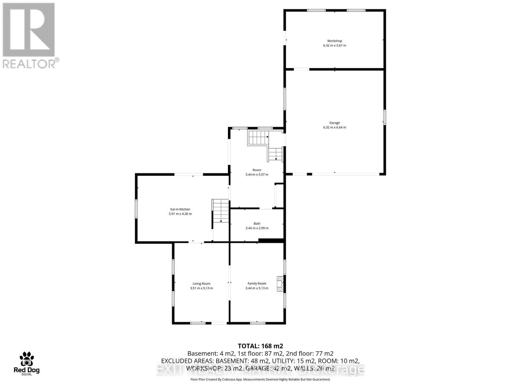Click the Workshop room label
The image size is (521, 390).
pos(334,41)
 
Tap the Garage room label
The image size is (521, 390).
pos(334,123)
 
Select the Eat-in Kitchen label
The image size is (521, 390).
pos(180,209)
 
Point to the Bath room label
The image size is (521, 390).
pos(257,224)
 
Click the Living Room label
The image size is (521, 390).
pos(201,284)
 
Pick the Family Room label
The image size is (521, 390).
pos(257,284)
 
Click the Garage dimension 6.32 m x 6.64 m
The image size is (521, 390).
pos(334,127)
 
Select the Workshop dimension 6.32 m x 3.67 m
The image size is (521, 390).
pos(334,45)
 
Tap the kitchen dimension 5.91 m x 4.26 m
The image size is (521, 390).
pos(180,214)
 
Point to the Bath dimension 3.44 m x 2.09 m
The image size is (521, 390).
pos(257,228)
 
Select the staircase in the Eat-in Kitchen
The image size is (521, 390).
pos(221,211)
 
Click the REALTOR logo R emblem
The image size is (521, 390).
pos(29,30)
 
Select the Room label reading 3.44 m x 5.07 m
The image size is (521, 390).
pos(257,172)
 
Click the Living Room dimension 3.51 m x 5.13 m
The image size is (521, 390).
pos(201,288)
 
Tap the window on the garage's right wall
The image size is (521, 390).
pos(384,117)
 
